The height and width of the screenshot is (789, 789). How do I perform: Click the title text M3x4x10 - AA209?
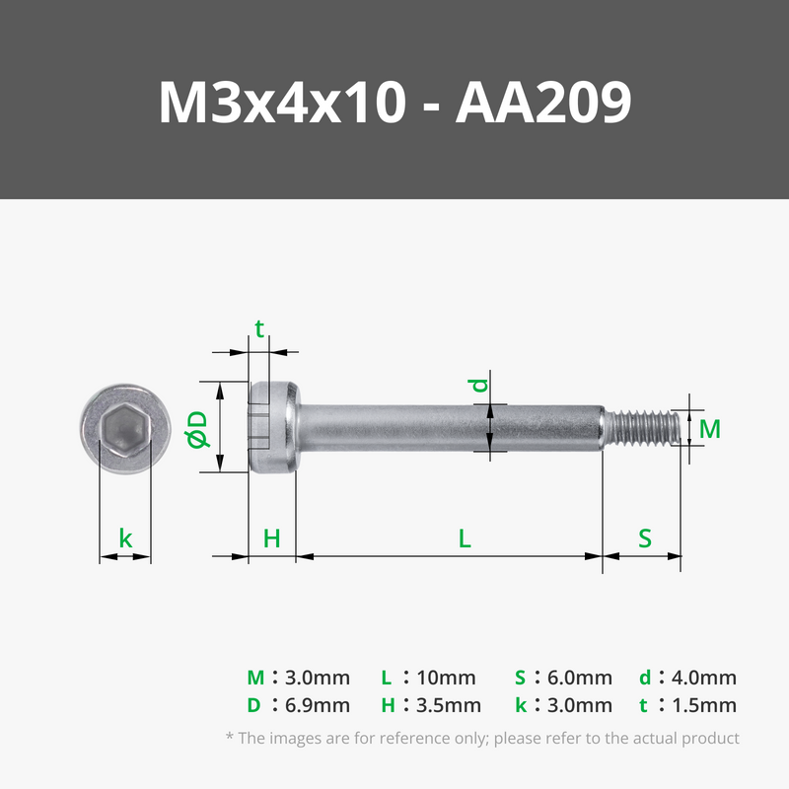click(395, 103)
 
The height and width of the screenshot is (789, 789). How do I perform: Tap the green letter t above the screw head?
click(259, 329)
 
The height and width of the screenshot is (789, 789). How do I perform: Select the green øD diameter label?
click(197, 429)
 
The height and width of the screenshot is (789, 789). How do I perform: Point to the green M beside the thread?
click(710, 429)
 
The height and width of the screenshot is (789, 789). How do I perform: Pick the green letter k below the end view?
click(125, 538)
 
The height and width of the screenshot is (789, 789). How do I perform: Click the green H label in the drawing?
click(272, 538)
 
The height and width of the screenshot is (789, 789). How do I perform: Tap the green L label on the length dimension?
click(465, 538)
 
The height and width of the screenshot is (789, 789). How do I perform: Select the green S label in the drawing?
click(645, 538)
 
